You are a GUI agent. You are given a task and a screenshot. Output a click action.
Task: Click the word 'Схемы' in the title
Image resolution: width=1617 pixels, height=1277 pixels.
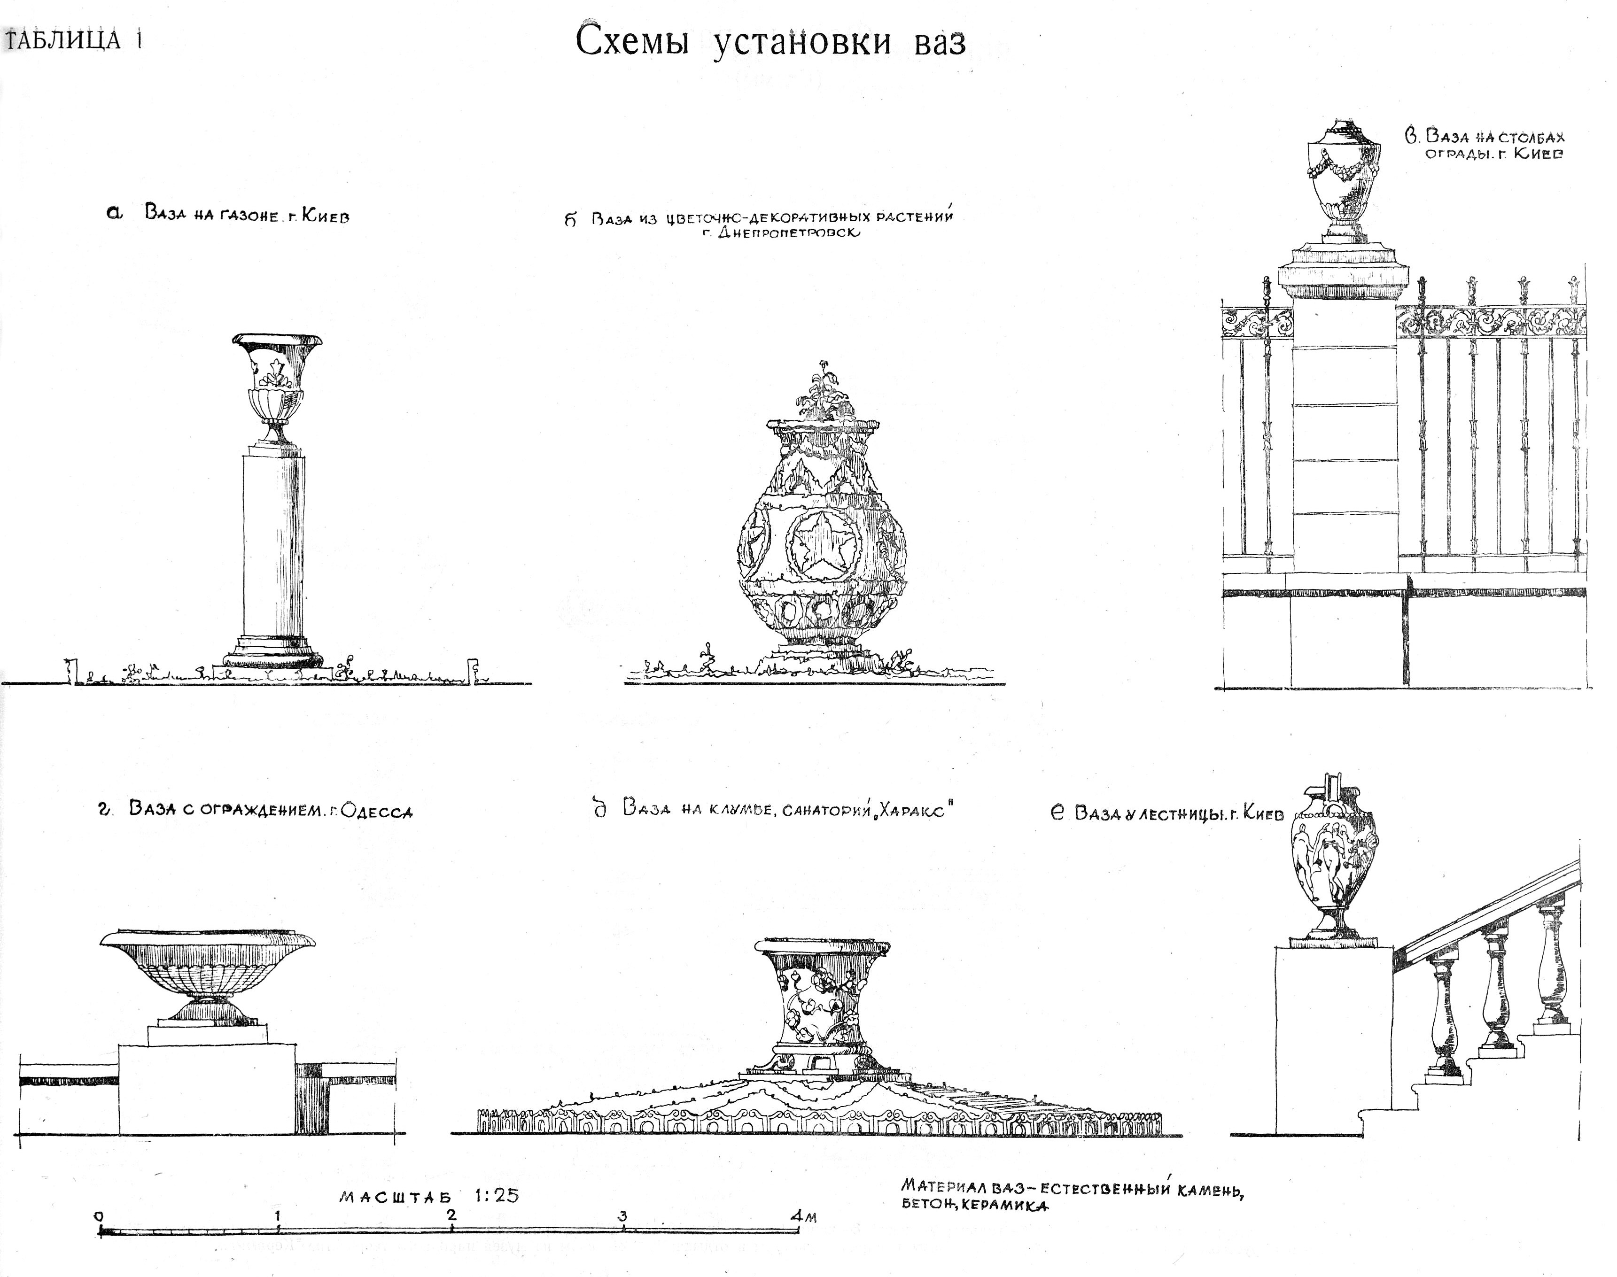632,42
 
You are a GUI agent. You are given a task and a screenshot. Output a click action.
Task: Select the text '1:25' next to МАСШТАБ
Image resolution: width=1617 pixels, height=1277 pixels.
496,1195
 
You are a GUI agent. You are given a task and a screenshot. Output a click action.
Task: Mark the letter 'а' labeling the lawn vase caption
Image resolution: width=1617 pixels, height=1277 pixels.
115,213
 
